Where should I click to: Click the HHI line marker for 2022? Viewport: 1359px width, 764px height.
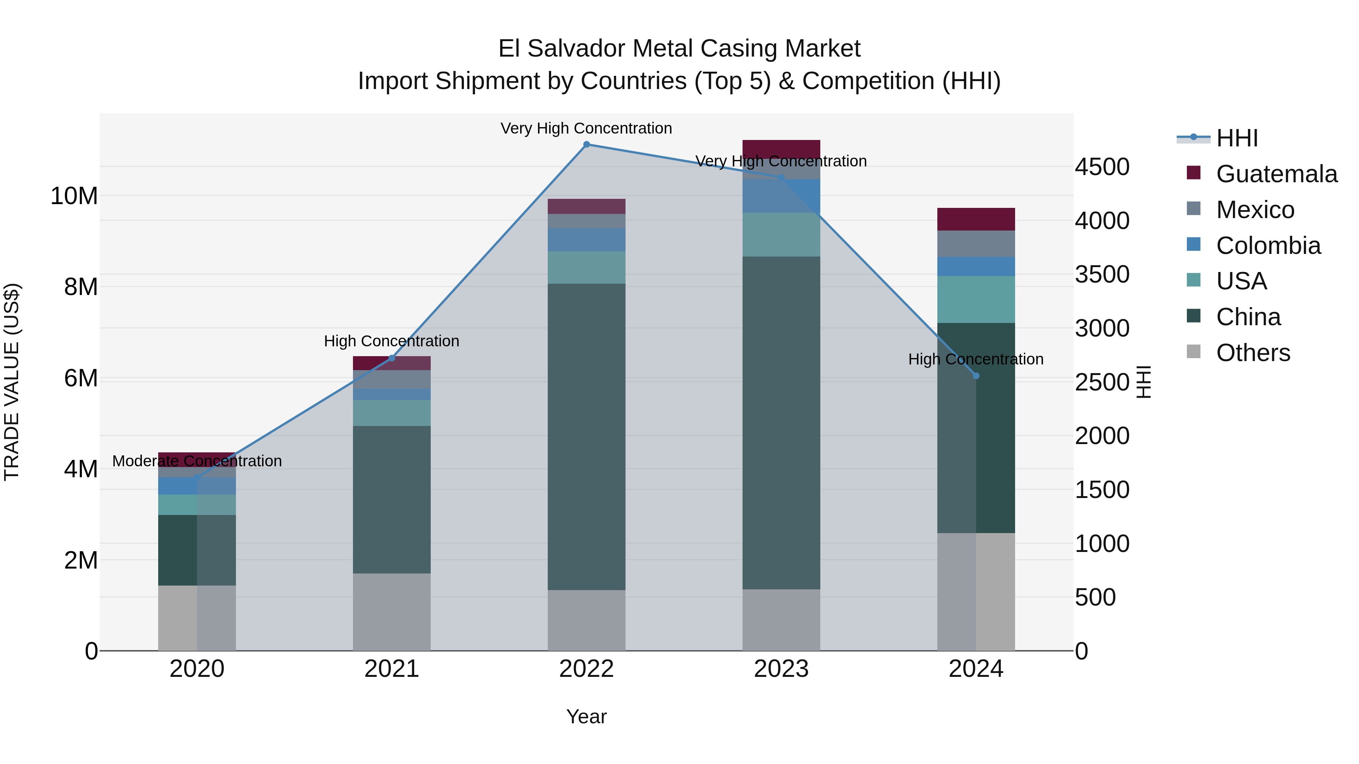point(586,144)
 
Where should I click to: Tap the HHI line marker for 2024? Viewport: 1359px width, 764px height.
point(975,376)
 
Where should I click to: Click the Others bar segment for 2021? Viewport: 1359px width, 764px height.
point(391,612)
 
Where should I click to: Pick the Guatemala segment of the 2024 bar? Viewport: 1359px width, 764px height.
point(975,219)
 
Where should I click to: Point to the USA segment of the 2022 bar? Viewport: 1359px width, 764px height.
point(586,267)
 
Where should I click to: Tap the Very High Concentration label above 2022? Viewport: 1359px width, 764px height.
point(586,129)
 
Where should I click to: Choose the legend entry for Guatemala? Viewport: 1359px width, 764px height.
point(1276,174)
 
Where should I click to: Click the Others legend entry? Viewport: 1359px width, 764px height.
point(1253,353)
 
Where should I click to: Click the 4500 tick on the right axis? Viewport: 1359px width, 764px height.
point(1102,167)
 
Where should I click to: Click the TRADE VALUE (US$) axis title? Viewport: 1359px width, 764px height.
point(12,382)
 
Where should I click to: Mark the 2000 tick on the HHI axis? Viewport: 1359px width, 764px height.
point(1102,436)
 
